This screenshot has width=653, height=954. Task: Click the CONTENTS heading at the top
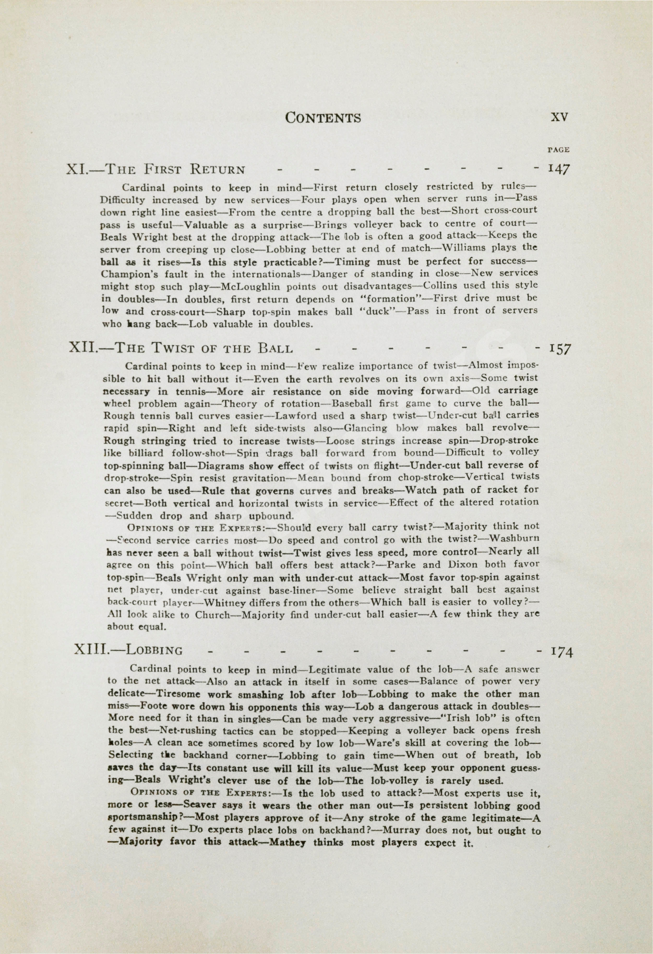[323, 118]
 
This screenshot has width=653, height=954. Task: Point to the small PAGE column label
[558, 150]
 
